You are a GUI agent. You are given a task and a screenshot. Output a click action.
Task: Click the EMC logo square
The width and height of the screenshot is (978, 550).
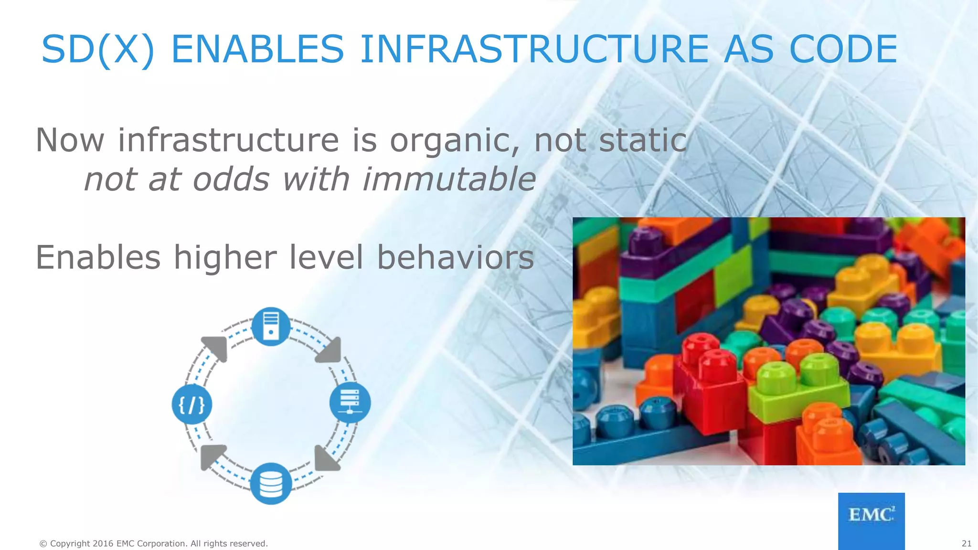[871, 520]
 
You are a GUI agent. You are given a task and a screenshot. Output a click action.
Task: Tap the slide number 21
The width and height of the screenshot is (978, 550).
[966, 543]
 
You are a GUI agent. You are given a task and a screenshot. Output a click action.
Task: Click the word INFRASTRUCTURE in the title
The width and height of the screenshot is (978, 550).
[534, 49]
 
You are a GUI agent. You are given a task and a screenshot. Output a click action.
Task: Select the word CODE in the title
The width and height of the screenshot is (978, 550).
[843, 49]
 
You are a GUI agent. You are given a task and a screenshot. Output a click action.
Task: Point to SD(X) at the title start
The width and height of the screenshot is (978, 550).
[98, 49]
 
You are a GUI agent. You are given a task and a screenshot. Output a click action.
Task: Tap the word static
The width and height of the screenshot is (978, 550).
[642, 140]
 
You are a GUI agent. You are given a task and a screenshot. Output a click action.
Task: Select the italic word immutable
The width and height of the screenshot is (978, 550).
[449, 180]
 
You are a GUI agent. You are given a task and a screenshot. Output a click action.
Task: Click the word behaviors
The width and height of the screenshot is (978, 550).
[455, 257]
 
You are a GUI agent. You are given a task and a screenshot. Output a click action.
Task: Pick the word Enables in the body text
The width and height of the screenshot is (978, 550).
[98, 257]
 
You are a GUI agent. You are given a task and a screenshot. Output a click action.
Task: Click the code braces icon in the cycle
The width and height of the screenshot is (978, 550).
[191, 404]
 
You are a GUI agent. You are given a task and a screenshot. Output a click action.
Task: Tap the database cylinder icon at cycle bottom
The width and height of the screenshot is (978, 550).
[271, 483]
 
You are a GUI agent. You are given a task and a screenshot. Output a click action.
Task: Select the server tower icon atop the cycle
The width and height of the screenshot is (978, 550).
[271, 326]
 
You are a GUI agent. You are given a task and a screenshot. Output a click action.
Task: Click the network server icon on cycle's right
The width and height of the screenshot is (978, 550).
[350, 402]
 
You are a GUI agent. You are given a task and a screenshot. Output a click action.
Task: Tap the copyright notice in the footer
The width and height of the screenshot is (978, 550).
[153, 543]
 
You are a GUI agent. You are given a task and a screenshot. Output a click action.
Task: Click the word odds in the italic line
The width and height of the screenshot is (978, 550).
[231, 180]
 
